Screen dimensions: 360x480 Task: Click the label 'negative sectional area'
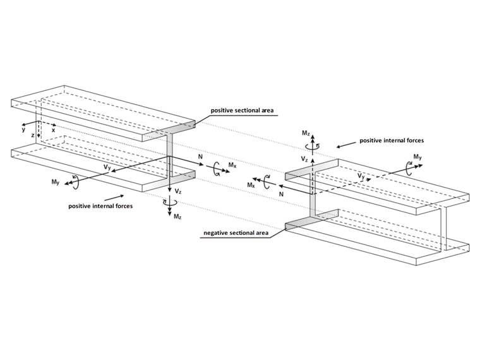(x=236, y=233)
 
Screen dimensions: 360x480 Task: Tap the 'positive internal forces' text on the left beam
(x=100, y=206)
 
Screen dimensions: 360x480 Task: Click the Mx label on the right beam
(x=251, y=184)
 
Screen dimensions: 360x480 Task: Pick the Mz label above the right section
(x=306, y=133)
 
